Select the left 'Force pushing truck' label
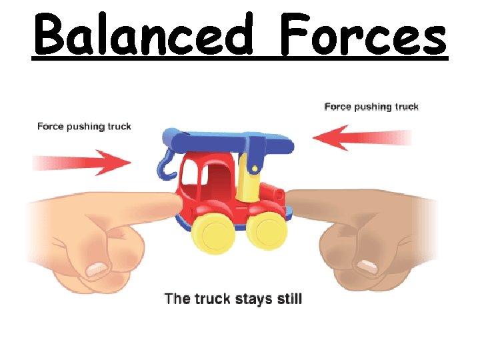[x=84, y=126]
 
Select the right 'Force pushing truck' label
[x=371, y=107]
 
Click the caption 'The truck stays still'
[x=233, y=298]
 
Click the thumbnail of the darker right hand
[x=367, y=269]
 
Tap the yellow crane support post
[x=250, y=175]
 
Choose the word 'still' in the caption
[x=287, y=298]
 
